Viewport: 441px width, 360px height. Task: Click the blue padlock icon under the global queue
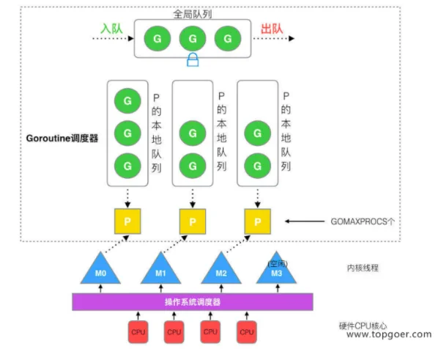coord(193,59)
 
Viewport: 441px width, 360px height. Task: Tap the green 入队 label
coord(111,29)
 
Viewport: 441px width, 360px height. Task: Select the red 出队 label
coord(272,29)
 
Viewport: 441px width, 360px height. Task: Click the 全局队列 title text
coord(193,14)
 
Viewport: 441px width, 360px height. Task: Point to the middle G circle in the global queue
coord(193,39)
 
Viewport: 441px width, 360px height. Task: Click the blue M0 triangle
coord(100,269)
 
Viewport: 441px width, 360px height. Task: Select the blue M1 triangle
coord(160,269)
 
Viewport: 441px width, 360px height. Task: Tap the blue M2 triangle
coord(221,269)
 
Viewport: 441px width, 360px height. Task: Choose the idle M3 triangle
coord(276,269)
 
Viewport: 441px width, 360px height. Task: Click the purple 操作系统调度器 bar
coord(193,302)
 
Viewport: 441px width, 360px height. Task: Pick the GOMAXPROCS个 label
coord(363,221)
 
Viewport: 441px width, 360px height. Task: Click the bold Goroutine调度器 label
coord(62,139)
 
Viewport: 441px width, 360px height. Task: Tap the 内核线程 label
coord(363,268)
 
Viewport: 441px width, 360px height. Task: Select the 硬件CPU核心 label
coord(363,326)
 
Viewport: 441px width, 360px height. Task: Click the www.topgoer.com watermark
coord(389,334)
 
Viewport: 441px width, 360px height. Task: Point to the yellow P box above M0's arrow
coord(127,221)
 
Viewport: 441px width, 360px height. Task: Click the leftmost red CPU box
coord(138,332)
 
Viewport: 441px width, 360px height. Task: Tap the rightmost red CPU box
coord(247,332)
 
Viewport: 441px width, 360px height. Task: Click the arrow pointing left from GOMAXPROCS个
coord(305,221)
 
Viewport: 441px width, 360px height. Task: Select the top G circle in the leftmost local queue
coord(127,100)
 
